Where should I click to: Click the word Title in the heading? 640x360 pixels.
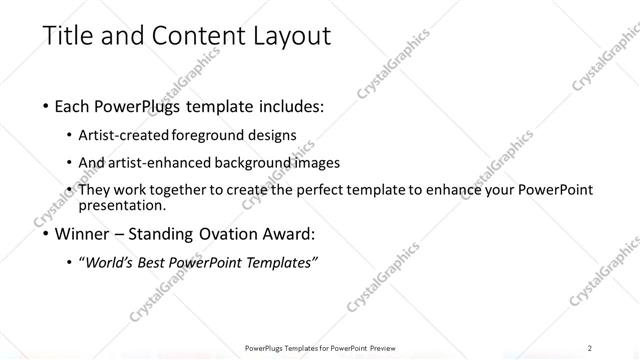coord(66,37)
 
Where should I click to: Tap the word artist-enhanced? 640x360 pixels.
coord(156,163)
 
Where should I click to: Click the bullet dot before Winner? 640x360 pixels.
coord(46,235)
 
